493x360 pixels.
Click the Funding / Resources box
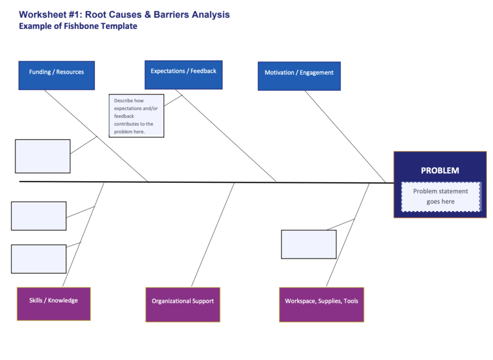(x=57, y=75)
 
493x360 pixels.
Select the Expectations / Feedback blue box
(x=183, y=74)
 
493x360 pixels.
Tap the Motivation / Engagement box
(x=299, y=76)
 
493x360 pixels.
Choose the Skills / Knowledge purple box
(x=54, y=304)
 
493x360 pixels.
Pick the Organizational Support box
(x=183, y=304)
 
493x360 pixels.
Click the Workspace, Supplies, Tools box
(x=321, y=304)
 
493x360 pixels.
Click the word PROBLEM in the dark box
(x=440, y=171)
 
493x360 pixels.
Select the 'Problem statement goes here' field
(x=440, y=197)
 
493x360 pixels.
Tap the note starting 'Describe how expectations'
(x=136, y=116)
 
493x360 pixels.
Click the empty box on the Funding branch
(x=43, y=156)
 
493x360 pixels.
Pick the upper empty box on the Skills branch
(x=39, y=216)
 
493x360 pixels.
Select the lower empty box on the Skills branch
(x=39, y=259)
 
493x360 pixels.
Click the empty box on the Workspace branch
(x=309, y=244)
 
